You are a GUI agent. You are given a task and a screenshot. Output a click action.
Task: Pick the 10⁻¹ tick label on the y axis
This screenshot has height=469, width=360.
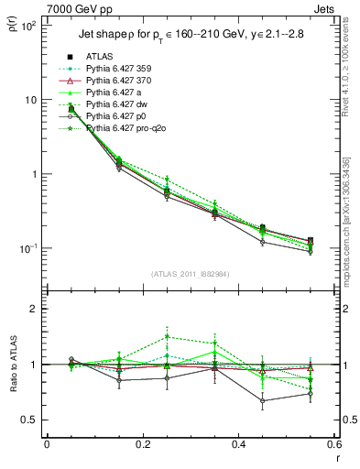coord(28,248)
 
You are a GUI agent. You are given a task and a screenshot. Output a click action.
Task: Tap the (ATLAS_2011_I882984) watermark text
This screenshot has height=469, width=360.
coord(191,274)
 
